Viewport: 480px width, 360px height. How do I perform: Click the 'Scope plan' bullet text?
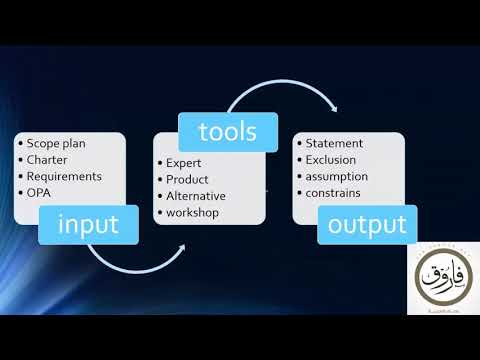(56, 143)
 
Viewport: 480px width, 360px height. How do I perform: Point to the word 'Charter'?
(47, 159)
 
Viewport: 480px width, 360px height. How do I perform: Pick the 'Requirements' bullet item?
(64, 176)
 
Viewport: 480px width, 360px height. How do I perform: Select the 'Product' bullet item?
(188, 178)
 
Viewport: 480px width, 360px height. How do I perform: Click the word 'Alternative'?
(196, 195)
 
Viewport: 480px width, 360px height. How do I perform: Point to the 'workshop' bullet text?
(191, 213)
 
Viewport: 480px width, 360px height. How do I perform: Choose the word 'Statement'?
(334, 143)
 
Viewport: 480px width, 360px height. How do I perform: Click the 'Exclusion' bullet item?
(331, 159)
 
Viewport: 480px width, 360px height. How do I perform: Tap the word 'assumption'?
(336, 176)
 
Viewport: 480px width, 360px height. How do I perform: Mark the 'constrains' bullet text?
(333, 193)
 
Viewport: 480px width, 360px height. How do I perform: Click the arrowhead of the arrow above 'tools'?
(334, 109)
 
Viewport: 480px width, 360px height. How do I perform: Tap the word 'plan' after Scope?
(73, 143)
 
